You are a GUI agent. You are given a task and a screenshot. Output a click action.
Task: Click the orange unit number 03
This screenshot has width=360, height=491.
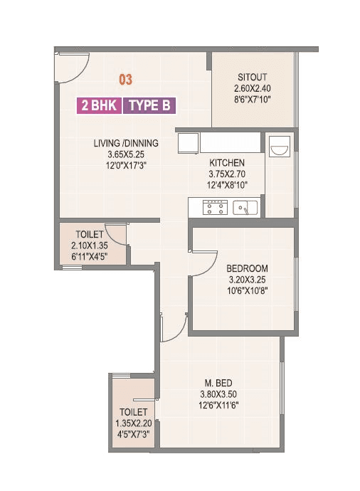point(125,79)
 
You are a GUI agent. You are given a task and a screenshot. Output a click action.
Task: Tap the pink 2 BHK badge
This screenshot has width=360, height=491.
point(99,106)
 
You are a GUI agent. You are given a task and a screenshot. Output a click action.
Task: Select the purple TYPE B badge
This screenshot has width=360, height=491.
point(149,106)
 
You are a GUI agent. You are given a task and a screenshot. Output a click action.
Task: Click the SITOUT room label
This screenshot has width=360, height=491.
point(253,78)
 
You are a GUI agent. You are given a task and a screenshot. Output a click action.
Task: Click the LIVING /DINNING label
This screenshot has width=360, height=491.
point(126,143)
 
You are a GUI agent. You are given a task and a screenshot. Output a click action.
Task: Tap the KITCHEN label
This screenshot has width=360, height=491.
point(226,163)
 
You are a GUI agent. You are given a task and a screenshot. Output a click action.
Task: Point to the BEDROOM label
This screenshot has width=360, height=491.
point(247,268)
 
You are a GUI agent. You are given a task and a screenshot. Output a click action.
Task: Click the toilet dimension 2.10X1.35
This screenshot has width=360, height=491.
point(90,245)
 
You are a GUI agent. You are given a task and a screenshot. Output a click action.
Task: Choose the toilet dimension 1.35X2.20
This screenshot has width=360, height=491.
point(133,423)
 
